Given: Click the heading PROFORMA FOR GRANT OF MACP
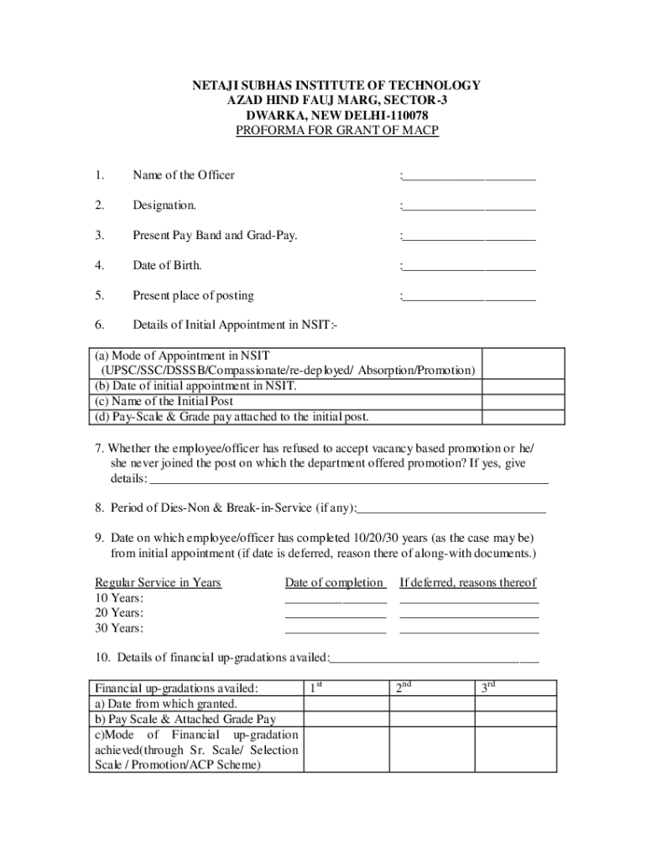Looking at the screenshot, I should pos(336,131).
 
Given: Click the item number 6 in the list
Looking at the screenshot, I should pos(99,325).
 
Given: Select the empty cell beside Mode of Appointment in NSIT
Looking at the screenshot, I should pos(524,363).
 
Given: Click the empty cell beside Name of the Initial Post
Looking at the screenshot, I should pos(524,401).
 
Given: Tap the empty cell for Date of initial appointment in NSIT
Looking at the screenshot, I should pos(524,387).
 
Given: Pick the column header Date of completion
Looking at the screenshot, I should pos(334,583).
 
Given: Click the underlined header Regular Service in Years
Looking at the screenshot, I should pos(158,583).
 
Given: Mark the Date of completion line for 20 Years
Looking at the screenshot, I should pos(336,617).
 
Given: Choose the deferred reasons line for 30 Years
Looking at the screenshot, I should pos(469,632).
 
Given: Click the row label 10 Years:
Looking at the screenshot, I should pos(119,598).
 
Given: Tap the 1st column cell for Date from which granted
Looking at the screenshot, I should pos(345,704).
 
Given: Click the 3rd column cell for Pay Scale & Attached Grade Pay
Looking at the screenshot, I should pos(517,719).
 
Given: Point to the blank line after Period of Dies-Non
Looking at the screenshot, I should pos(451,510).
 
